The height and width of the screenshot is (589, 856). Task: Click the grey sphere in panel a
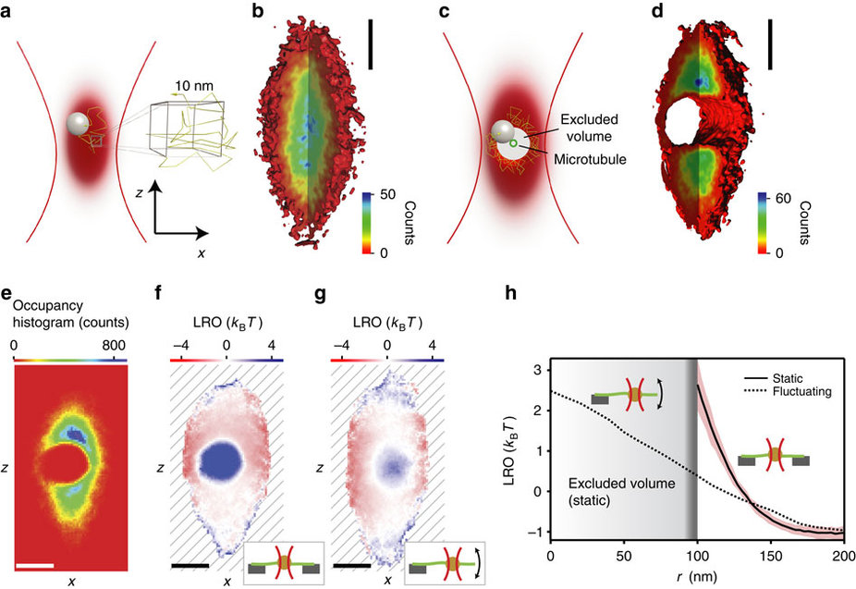(79, 123)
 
